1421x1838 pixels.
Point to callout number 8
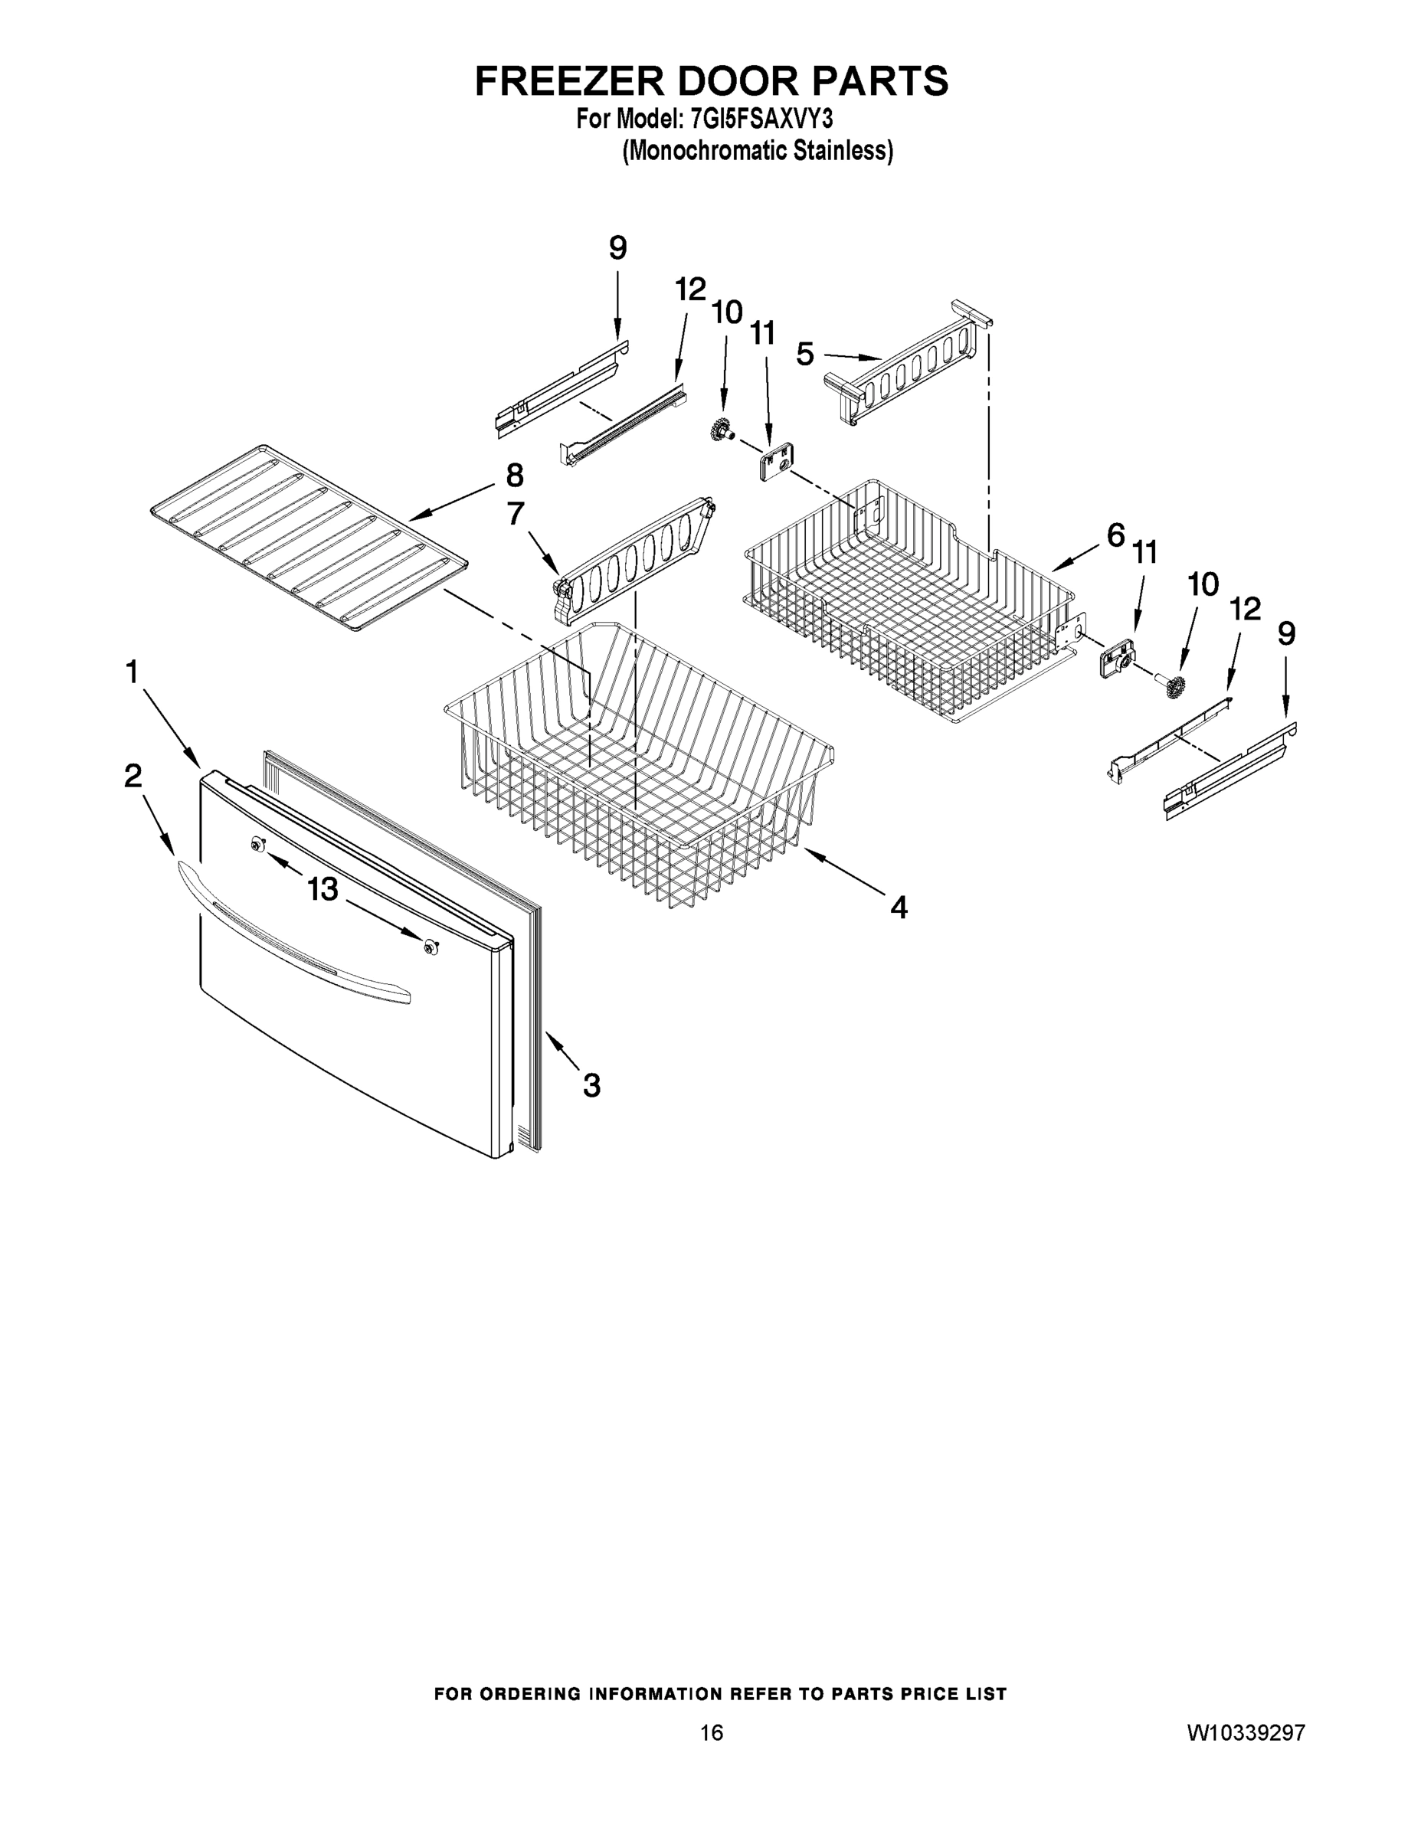tap(514, 476)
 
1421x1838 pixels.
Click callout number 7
tap(516, 514)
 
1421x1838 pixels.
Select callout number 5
tap(806, 355)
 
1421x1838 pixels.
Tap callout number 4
tap(899, 908)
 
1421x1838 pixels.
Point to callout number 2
tap(133, 776)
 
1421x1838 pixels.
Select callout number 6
tap(1115, 535)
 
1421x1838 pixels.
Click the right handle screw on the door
tap(431, 947)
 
